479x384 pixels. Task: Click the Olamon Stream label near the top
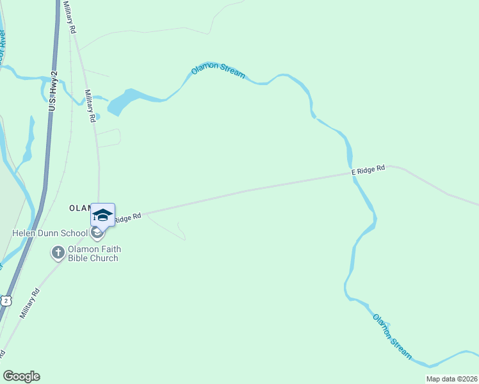[x=218, y=70]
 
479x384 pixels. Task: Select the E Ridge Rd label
[x=368, y=170]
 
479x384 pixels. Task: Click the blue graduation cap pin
[x=102, y=214]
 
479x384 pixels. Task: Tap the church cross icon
[x=58, y=253]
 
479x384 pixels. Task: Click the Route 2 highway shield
[x=6, y=300]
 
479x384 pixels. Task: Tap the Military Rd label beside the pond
[x=90, y=106]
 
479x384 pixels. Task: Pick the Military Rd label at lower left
[x=29, y=303]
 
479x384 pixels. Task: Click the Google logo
[x=22, y=376]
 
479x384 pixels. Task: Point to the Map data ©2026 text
[x=451, y=379]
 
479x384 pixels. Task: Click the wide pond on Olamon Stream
[x=125, y=100]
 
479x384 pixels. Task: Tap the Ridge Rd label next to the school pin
[x=127, y=218]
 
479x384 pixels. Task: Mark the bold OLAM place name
[x=81, y=209]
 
